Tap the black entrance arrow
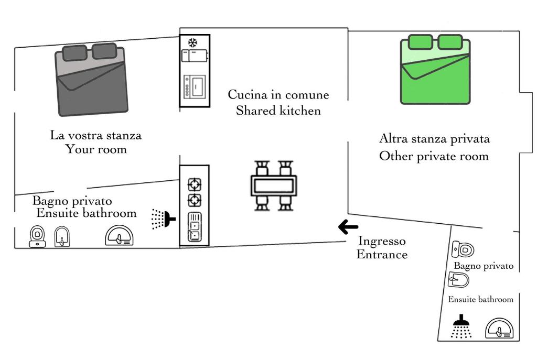coord(348,227)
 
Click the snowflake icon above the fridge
coord(193,42)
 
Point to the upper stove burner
coord(195,184)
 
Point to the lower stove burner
coord(195,200)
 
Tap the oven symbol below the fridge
coord(195,86)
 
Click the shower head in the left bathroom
coord(163,219)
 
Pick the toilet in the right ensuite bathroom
coord(463,249)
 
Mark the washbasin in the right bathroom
coord(499,329)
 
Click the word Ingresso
coord(382,241)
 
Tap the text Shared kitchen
coord(278,111)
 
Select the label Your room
coord(96,149)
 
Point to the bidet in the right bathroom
coord(458,280)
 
